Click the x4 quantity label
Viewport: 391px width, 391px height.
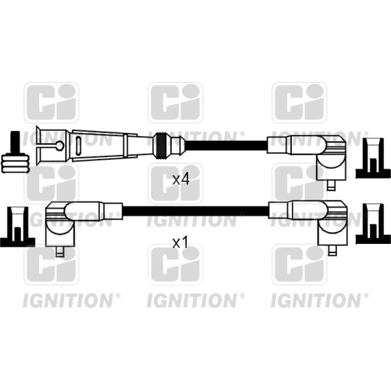click(x=181, y=179)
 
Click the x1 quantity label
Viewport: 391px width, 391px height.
click(x=181, y=242)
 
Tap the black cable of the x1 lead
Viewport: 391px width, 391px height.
click(x=195, y=211)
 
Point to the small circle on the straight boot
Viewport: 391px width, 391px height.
click(x=60, y=145)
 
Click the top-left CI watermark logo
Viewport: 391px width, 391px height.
click(x=51, y=102)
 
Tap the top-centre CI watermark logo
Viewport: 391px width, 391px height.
click(x=175, y=102)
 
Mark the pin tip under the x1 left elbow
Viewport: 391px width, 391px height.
click(x=60, y=253)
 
